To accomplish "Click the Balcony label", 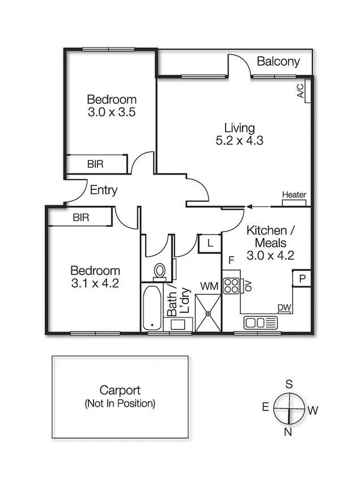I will point(278,62).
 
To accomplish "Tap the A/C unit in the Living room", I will point(303,90).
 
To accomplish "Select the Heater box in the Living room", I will point(294,195).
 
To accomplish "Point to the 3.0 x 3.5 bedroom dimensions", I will point(111,112).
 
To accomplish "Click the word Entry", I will point(104,190).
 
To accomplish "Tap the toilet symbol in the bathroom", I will point(160,272).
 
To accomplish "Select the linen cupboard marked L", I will point(209,244).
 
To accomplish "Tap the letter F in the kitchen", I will point(231,260).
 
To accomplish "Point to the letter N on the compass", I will point(287,432).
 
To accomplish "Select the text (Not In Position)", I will point(120,404).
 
